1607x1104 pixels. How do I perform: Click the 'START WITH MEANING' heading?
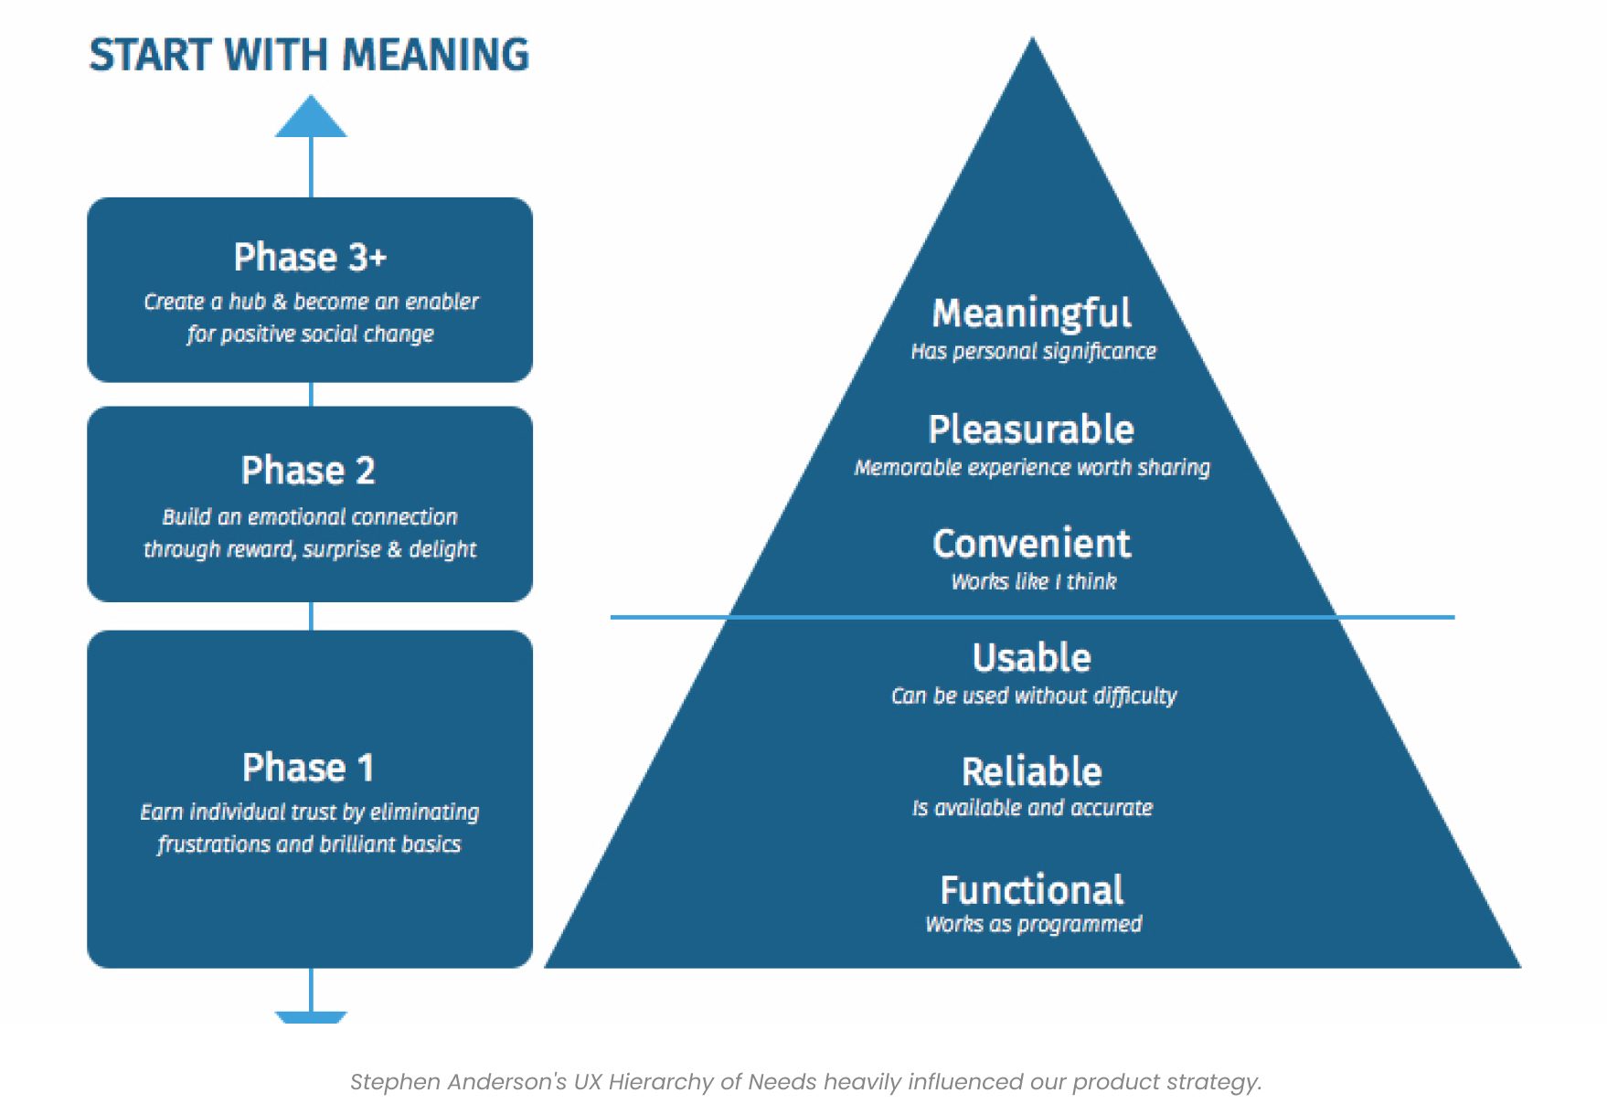[309, 55]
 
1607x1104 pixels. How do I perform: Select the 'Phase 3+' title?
[310, 258]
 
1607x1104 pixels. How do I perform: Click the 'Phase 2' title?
[308, 471]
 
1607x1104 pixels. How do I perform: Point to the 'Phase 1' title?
[308, 768]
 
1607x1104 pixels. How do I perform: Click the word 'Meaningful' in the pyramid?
[1031, 313]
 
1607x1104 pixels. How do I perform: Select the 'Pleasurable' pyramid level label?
[1031, 430]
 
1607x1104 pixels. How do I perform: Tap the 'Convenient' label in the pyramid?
[1031, 544]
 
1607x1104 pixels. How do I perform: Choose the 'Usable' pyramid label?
[1031, 658]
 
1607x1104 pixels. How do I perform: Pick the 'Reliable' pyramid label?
[1031, 772]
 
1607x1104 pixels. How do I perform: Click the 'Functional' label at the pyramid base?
[1031, 890]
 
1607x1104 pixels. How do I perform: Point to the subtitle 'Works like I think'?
[1033, 582]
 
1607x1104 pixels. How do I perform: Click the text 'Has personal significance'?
[1033, 352]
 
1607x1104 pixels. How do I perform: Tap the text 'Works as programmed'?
[1033, 924]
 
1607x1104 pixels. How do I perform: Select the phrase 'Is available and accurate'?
[1032, 808]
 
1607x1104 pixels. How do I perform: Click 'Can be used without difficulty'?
[1033, 696]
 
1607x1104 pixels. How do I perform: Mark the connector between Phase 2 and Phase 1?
[312, 616]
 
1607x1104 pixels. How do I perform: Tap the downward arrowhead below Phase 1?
[311, 1016]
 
